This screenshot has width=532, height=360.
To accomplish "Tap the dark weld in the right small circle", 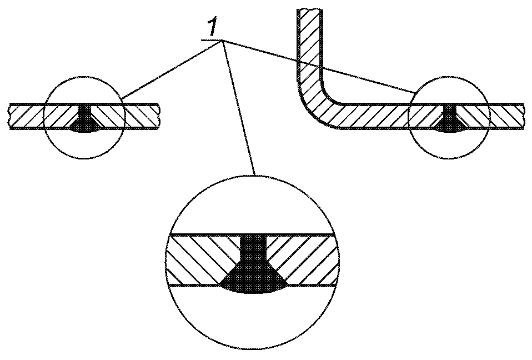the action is [x=449, y=121].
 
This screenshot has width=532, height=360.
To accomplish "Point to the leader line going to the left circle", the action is [x=172, y=69].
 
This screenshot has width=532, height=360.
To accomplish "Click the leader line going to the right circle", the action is [x=319, y=67].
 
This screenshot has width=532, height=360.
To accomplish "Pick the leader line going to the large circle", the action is [x=239, y=108].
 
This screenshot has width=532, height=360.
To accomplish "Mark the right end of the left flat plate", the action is [x=158, y=116].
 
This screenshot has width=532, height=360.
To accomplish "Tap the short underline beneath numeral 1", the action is [x=211, y=41].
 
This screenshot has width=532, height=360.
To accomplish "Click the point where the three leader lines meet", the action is [x=222, y=41].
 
